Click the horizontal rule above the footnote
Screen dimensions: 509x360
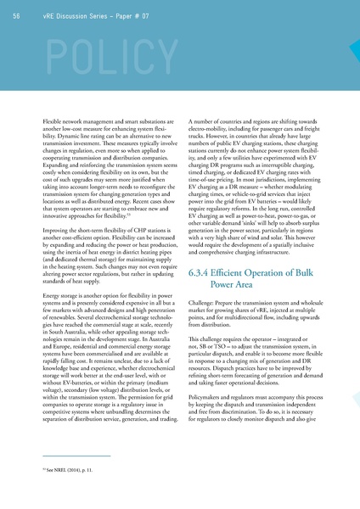(68, 456)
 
